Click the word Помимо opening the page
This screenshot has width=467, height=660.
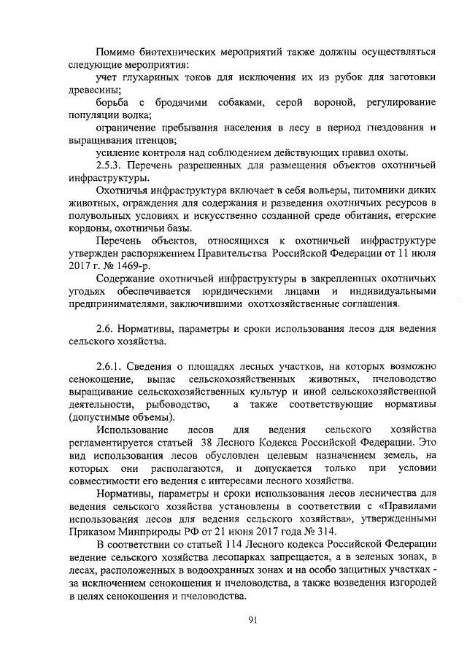pos(118,52)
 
